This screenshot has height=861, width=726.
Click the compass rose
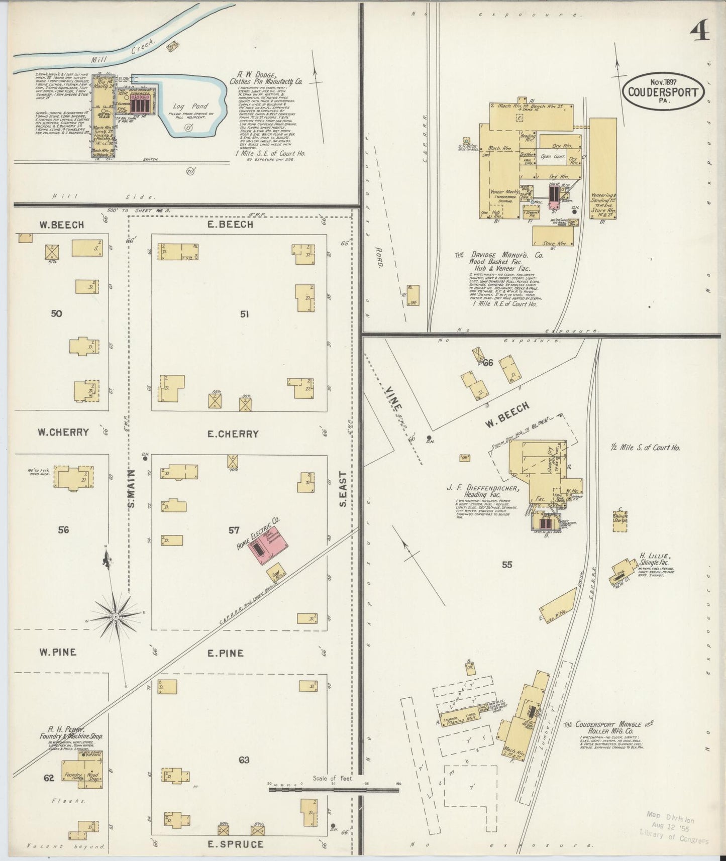[116, 616]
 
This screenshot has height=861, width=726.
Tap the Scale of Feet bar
[334, 790]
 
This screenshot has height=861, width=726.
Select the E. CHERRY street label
[233, 434]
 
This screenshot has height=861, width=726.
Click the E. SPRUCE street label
[236, 844]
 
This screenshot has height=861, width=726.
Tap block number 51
[244, 314]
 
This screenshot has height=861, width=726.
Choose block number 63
[244, 760]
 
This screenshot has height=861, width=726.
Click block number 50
[56, 313]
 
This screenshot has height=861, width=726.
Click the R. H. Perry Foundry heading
[71, 733]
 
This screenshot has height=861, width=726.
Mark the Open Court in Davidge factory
[552, 156]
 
